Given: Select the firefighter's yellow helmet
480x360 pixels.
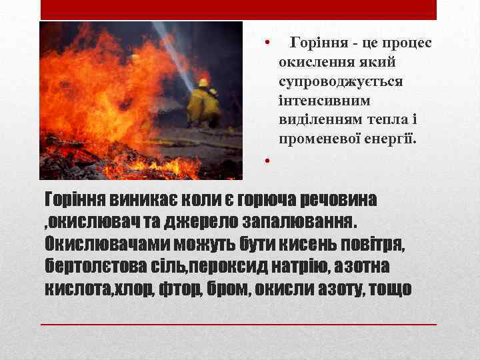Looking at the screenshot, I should point(203,83).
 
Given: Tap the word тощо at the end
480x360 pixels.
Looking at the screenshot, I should point(389,289).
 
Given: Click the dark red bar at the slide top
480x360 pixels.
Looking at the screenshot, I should point(239,9).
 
